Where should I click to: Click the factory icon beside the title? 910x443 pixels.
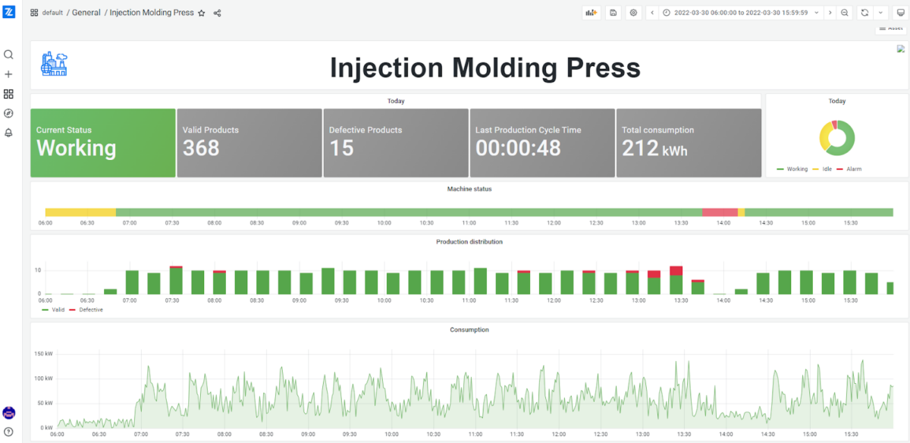[54, 64]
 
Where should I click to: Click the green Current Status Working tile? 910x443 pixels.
[102, 143]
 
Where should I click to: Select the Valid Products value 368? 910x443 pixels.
[201, 148]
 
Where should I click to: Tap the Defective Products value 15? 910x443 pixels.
[341, 148]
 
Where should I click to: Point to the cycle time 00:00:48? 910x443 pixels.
[518, 148]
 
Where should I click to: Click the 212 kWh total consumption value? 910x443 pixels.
[654, 148]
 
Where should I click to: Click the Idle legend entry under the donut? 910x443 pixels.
[827, 169]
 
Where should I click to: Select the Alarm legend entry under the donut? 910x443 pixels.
[853, 169]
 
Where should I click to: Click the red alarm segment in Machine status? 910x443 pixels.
[720, 212]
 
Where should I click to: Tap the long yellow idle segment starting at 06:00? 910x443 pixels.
[80, 212]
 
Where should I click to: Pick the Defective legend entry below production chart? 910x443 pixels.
[90, 309]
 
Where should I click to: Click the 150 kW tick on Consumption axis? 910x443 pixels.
[43, 353]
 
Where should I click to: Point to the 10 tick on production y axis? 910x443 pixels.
[37, 270]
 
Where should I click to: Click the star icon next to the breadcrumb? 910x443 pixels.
[202, 13]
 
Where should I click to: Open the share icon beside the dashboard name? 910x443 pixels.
[218, 13]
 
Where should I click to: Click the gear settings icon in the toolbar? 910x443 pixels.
[633, 13]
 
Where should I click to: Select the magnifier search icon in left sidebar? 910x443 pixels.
[8, 55]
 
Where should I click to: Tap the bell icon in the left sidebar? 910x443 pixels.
[8, 133]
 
